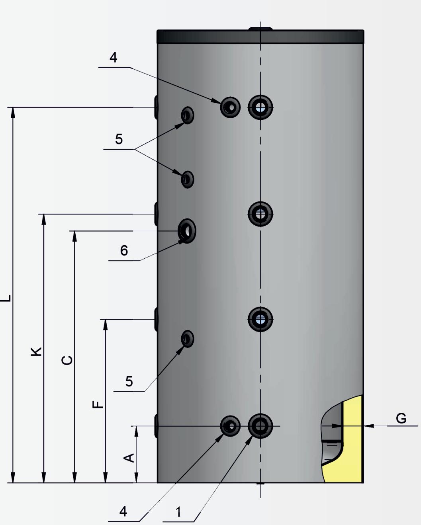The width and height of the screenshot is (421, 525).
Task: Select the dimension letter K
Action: coord(36,351)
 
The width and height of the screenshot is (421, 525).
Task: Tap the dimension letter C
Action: coord(67,360)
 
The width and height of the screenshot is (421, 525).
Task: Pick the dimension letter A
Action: coord(129,458)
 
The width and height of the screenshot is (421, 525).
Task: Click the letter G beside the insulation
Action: coord(401,418)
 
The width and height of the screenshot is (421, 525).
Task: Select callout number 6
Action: coord(124,250)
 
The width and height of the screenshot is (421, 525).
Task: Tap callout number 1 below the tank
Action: coord(178,512)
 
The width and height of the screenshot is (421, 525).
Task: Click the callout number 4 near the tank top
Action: coord(114,57)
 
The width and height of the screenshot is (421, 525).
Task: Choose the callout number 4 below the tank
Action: coord(123,511)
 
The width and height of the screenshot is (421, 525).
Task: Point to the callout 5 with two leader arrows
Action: coord(119,139)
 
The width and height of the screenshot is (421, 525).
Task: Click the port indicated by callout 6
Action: coord(187,230)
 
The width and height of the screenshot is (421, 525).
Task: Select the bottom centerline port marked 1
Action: coord(260,426)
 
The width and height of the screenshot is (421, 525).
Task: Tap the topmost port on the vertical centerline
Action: coord(260,107)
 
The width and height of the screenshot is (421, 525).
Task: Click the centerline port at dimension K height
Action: coord(260,214)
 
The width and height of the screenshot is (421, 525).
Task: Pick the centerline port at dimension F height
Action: coord(260,319)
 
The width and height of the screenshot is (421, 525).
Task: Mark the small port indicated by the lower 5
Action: coord(187,339)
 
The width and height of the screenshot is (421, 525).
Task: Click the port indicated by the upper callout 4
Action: coord(230,107)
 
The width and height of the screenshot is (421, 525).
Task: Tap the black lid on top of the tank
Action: coord(260,37)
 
